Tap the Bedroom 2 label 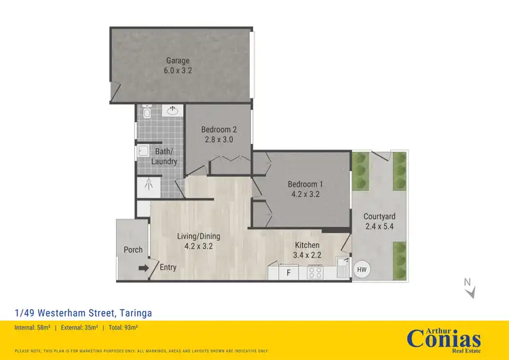(x=219, y=130)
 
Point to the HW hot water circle (x=362, y=270)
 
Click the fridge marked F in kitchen (x=288, y=273)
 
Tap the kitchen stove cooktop (x=316, y=273)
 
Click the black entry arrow (x=143, y=268)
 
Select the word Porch (x=133, y=249)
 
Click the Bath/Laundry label (x=166, y=156)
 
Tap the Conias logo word (x=444, y=338)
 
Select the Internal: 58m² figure (x=35, y=327)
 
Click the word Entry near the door (x=168, y=267)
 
